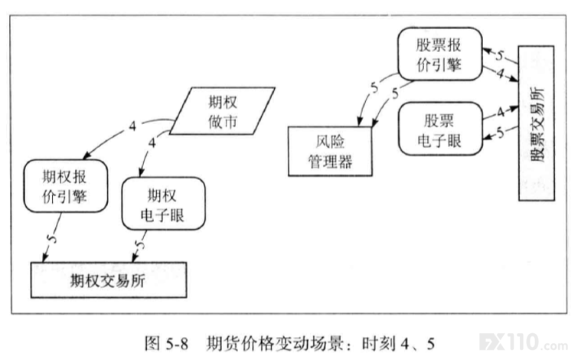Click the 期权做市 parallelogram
coord(222,111)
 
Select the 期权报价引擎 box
coord(66,186)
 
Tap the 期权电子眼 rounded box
coord(163,204)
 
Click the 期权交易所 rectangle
coord(109,280)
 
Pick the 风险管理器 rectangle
coord(330,151)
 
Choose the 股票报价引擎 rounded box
coord(439,54)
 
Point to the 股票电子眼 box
coord(440,129)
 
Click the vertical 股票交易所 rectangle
coord(537,123)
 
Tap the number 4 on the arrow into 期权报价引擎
coord(132,126)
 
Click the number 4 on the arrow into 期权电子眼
coord(152,142)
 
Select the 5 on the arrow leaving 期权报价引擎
coord(53,238)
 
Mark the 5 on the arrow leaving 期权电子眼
coord(139,244)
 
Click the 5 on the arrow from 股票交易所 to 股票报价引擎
coord(499,55)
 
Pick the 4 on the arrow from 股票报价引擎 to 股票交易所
coord(500,74)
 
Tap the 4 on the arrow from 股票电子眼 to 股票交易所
coord(500,112)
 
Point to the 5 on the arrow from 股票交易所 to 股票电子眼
coord(500,133)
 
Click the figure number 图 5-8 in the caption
coord(166,344)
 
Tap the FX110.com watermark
coord(524,342)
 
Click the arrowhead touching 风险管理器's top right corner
coord(375,123)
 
